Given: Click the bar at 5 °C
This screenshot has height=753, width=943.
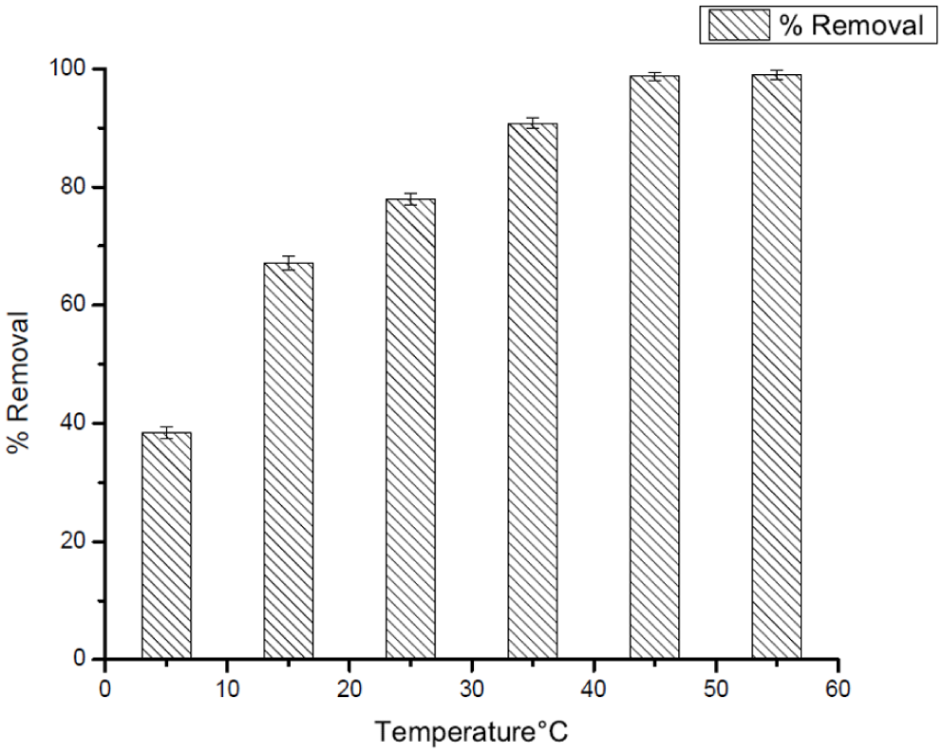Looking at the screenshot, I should coord(166,546).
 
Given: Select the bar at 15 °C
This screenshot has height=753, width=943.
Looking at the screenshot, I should coord(288,461).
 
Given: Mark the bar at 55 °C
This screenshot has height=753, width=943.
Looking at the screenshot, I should coord(776,367).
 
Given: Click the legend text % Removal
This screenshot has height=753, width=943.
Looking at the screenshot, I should coord(851,26).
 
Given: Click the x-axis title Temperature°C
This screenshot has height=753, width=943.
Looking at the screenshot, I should coord(472,732).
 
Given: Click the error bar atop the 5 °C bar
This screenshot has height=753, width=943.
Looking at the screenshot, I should coord(166,432).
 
